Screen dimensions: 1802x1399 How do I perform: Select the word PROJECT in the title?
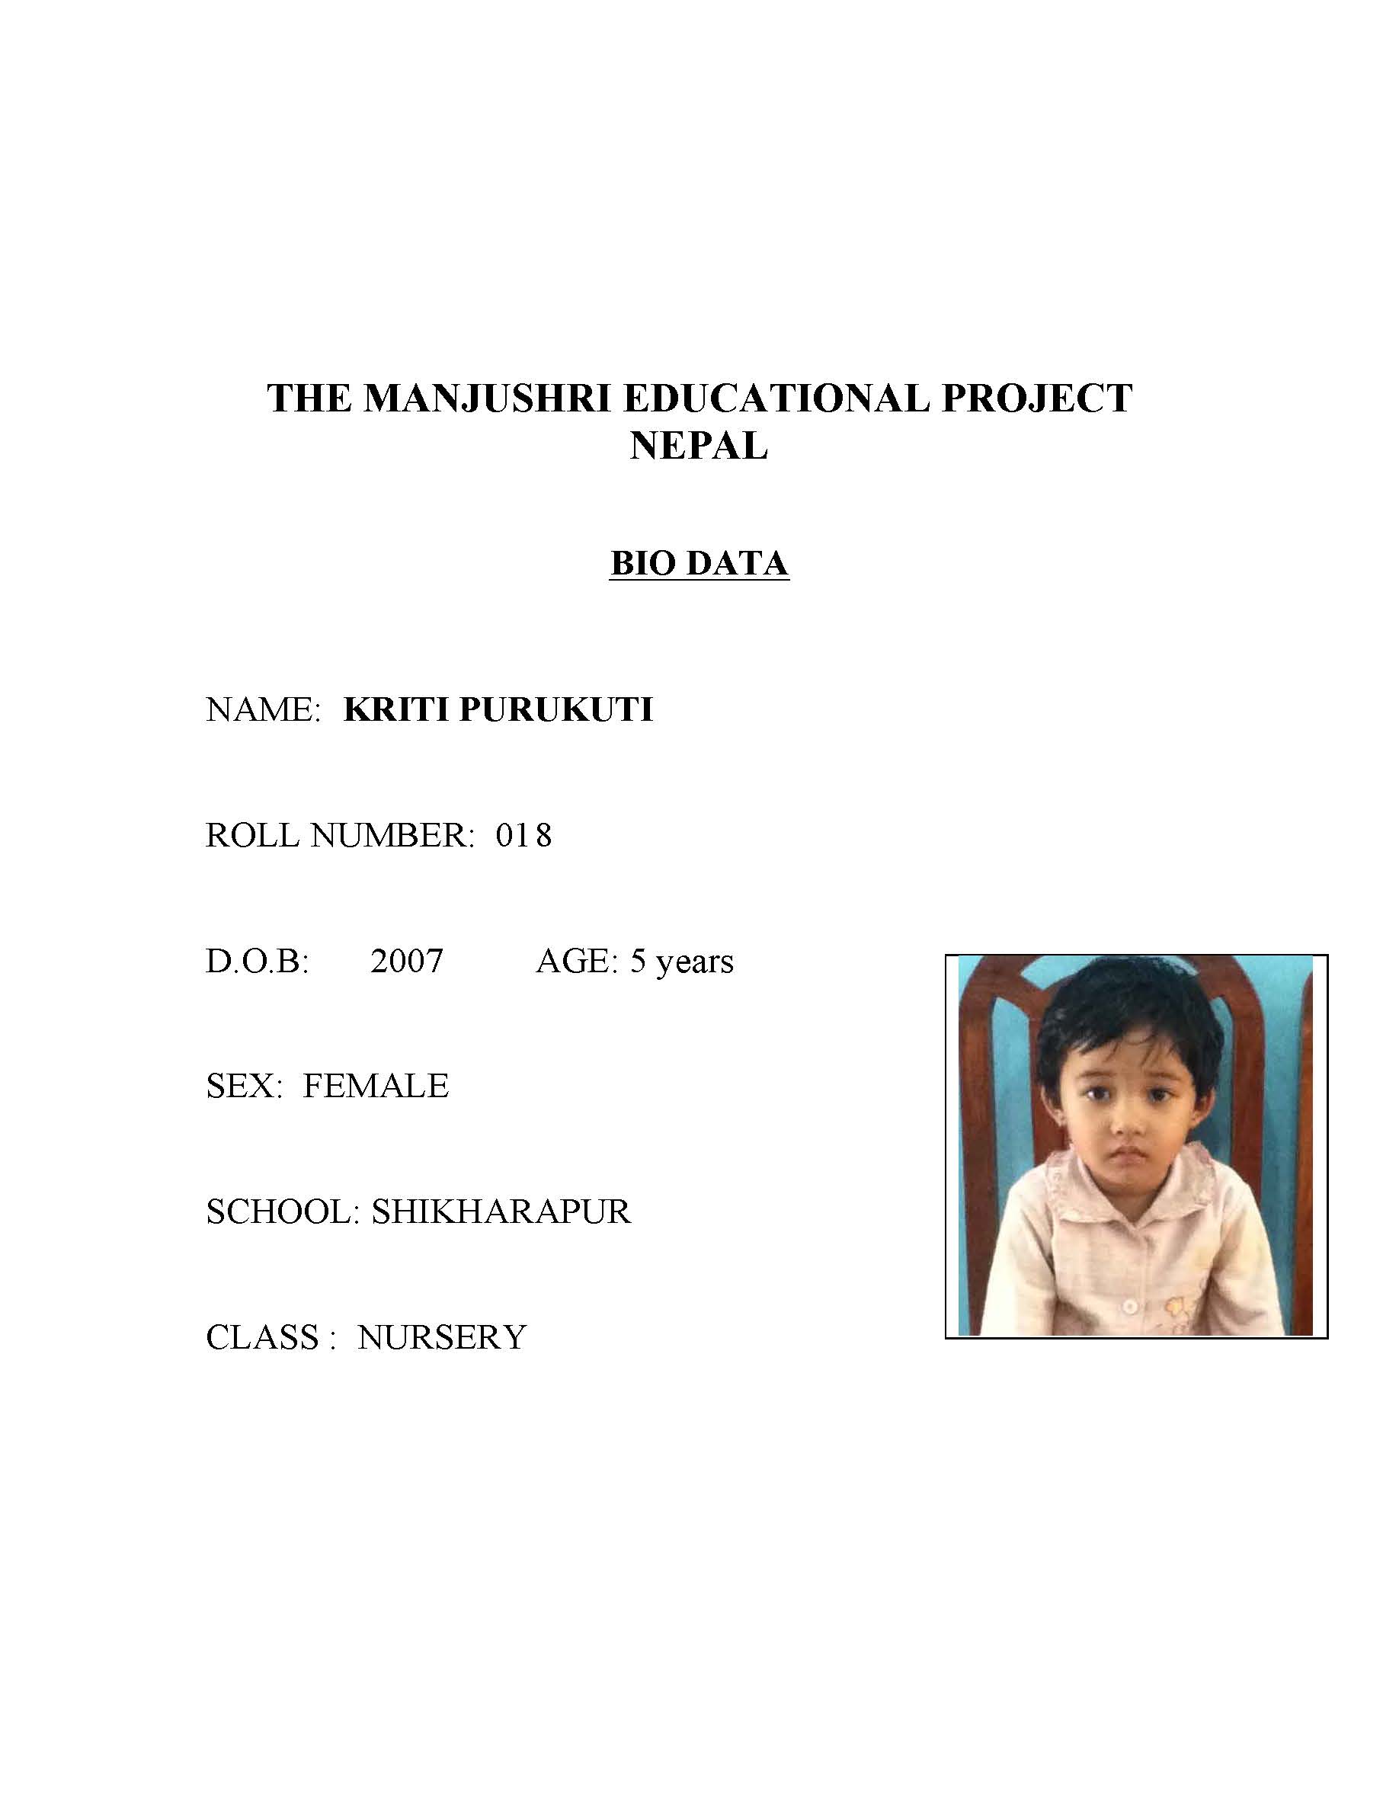pyautogui.click(x=1036, y=398)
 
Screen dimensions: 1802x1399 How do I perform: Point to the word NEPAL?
pyautogui.click(x=698, y=446)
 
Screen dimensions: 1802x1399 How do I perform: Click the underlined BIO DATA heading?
pyautogui.click(x=698, y=564)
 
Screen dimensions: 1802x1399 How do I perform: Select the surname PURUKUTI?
pyautogui.click(x=555, y=709)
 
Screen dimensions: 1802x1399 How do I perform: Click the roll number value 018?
pyautogui.click(x=523, y=836)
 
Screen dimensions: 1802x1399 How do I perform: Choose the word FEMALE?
pyautogui.click(x=376, y=1086)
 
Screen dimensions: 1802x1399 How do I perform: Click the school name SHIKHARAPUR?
pyautogui.click(x=501, y=1212)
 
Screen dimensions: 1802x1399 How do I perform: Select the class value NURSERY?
pyautogui.click(x=442, y=1337)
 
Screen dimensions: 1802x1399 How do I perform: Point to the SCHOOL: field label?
pyautogui.click(x=281, y=1212)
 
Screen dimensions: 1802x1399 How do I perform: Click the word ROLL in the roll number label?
pyautogui.click(x=251, y=836)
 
